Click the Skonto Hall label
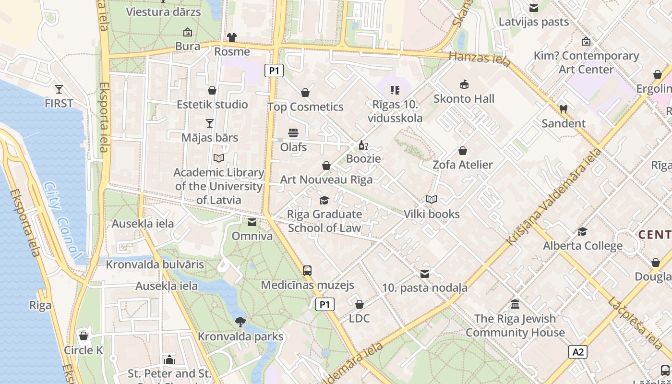point(464,98)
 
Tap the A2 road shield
point(578,352)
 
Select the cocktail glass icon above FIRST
point(59,89)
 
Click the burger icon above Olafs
point(293,132)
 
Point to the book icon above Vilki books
point(432,199)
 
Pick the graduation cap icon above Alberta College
point(582,231)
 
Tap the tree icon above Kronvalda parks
point(240,322)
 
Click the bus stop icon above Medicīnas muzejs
point(307,270)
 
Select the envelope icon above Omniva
point(252,222)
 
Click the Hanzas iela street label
point(474,59)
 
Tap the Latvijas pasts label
point(534,22)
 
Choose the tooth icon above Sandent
point(564,109)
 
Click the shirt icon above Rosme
point(232,37)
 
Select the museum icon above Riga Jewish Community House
point(515,304)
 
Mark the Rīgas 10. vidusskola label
point(395,111)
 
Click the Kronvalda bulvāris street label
point(155,264)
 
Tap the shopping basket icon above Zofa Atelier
point(463,151)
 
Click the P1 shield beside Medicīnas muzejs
point(325,304)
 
